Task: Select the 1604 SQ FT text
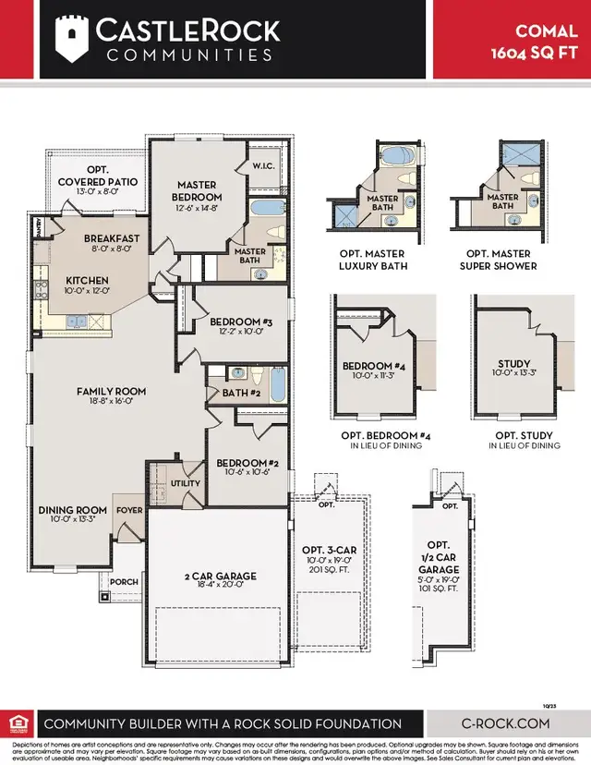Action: (x=533, y=53)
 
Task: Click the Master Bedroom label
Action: (x=198, y=190)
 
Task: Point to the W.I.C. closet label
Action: (x=263, y=166)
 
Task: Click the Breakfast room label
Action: (x=111, y=238)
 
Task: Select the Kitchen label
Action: (x=87, y=280)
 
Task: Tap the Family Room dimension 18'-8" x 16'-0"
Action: (x=111, y=403)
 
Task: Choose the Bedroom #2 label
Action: (x=241, y=463)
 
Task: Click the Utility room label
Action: (x=185, y=483)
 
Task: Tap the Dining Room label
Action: (x=73, y=510)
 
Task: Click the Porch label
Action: (x=124, y=582)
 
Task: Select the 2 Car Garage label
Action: (x=220, y=576)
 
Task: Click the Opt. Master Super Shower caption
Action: (x=499, y=260)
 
